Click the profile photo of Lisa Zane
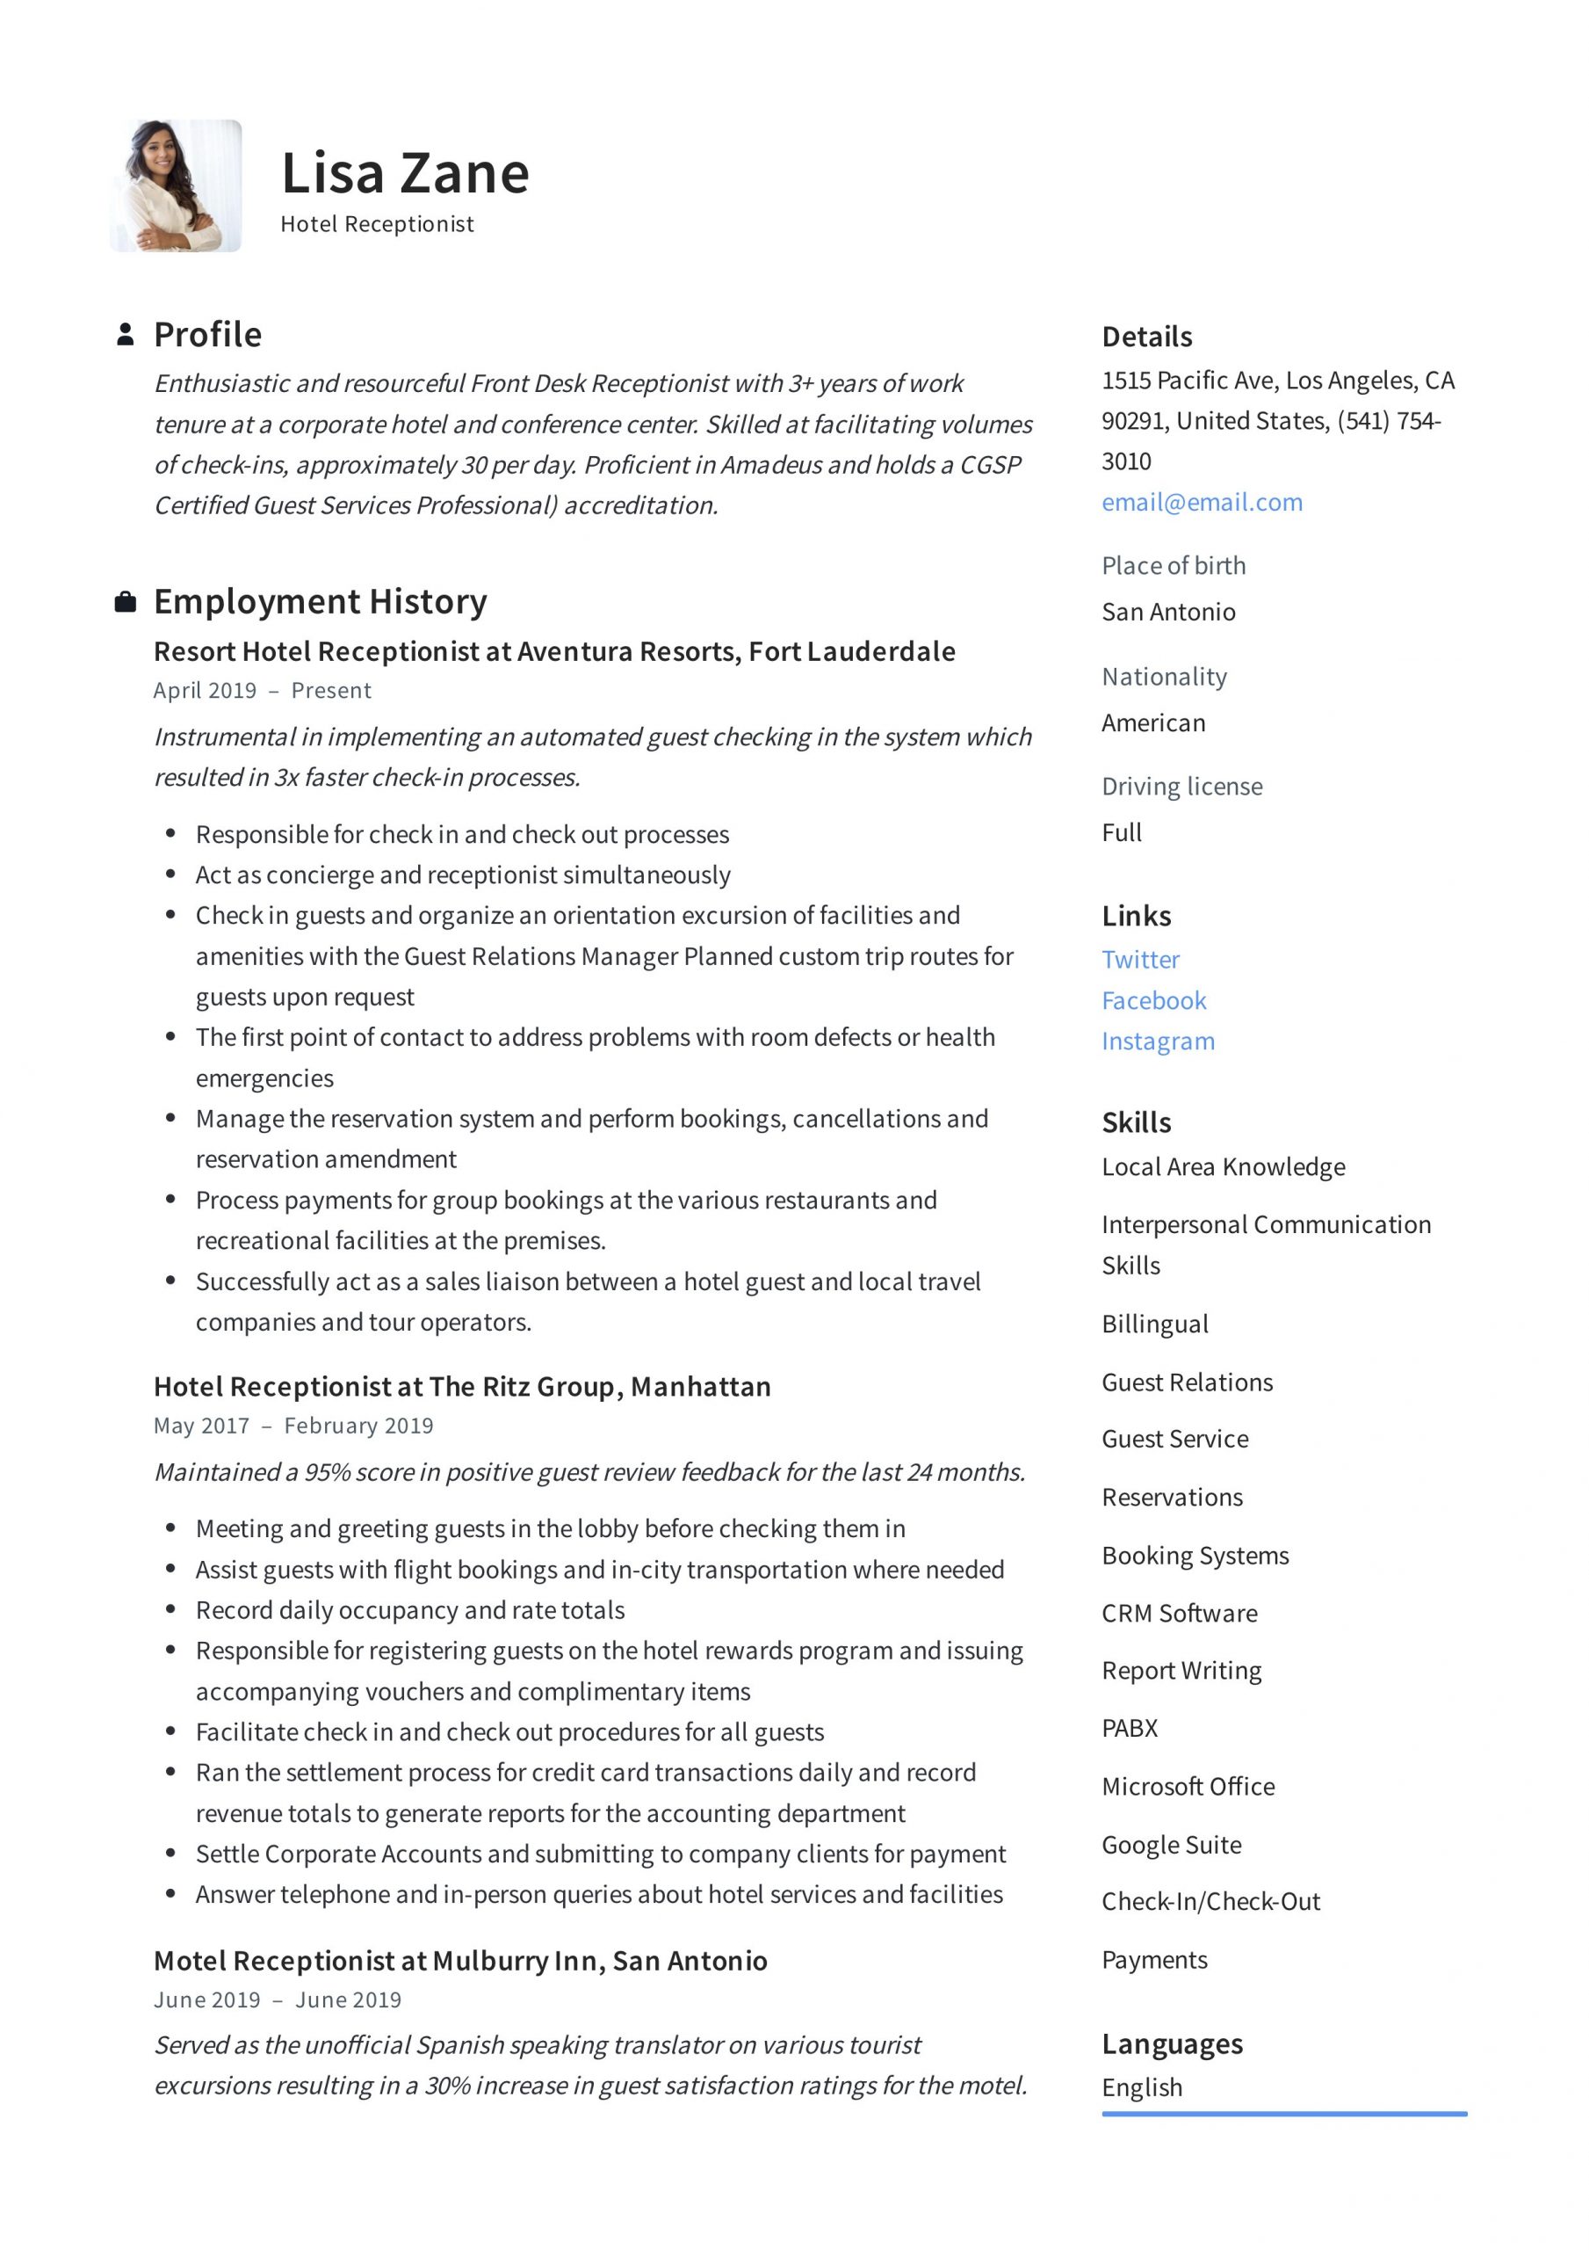tap(177, 186)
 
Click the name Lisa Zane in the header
tap(405, 173)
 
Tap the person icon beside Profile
tap(125, 334)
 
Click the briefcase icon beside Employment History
tap(125, 602)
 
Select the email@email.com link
tap(1201, 502)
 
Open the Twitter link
tap(1140, 960)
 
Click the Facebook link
tap(1153, 1000)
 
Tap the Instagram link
tap(1157, 1041)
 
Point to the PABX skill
tap(1130, 1728)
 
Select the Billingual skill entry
tap(1154, 1324)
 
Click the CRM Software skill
tap(1179, 1613)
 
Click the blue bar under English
tap(1283, 2114)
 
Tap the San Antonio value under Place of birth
tap(1167, 612)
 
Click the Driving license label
tap(1181, 786)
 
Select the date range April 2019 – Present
tap(262, 690)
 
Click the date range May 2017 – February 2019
tap(293, 1425)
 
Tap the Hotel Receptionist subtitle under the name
tap(376, 224)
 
